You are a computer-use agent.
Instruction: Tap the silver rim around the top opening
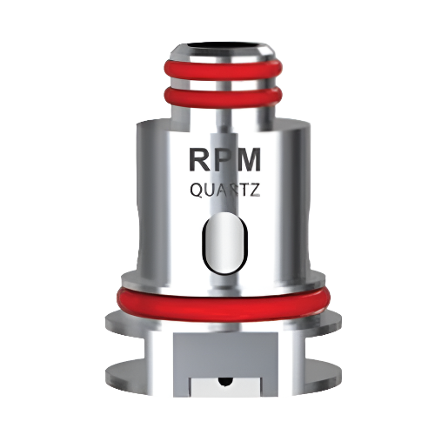point(217,53)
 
